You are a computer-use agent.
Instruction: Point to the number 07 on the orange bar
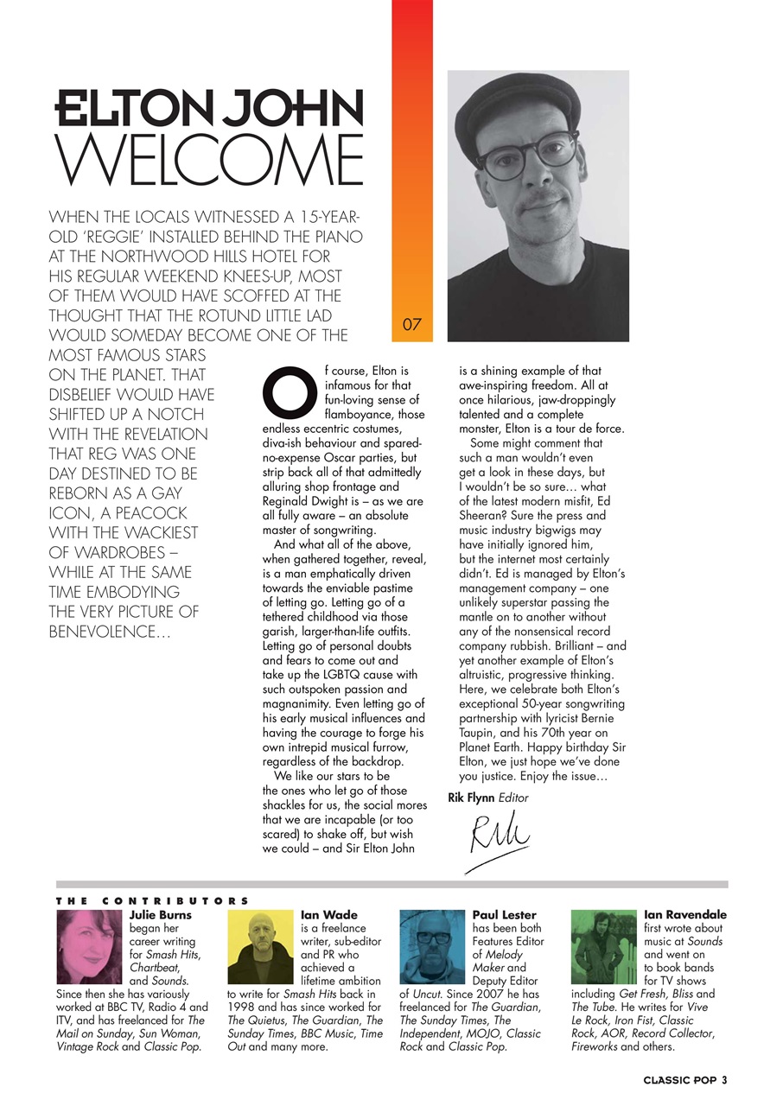point(412,326)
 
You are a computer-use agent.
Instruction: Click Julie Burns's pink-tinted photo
point(90,947)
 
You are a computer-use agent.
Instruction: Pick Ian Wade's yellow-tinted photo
point(261,947)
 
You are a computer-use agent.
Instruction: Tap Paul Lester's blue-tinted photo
point(433,947)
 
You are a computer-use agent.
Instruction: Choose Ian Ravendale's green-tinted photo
point(605,947)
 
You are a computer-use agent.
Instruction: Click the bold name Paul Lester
point(505,915)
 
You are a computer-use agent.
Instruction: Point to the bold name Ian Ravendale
point(685,915)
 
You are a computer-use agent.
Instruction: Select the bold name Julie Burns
point(161,915)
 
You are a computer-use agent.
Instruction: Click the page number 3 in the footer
point(725,1080)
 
